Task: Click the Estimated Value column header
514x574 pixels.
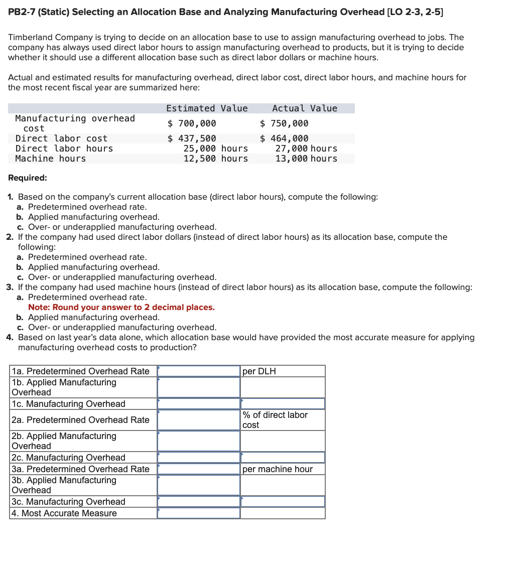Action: [x=207, y=108]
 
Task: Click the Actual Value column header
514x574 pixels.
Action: [x=304, y=108]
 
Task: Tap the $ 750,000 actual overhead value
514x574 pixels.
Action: [x=284, y=123]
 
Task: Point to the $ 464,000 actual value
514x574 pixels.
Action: [x=284, y=138]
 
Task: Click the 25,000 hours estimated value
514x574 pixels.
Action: [x=215, y=149]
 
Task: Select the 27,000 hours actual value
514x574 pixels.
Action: [x=306, y=149]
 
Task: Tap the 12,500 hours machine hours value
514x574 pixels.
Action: [x=215, y=159]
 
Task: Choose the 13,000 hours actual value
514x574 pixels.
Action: [x=306, y=159]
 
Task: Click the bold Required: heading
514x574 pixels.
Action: [x=28, y=178]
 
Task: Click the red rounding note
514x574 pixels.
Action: [x=121, y=307]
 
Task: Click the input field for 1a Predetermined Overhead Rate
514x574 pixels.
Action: [x=199, y=371]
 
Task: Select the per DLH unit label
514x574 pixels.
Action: [x=259, y=371]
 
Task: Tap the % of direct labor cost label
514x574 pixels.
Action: [x=275, y=420]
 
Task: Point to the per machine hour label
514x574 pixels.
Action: [x=277, y=469]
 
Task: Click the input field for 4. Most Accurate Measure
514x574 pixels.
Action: [x=199, y=513]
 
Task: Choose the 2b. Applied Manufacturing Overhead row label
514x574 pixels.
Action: [x=64, y=441]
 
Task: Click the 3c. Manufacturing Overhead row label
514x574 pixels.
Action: [x=68, y=502]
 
